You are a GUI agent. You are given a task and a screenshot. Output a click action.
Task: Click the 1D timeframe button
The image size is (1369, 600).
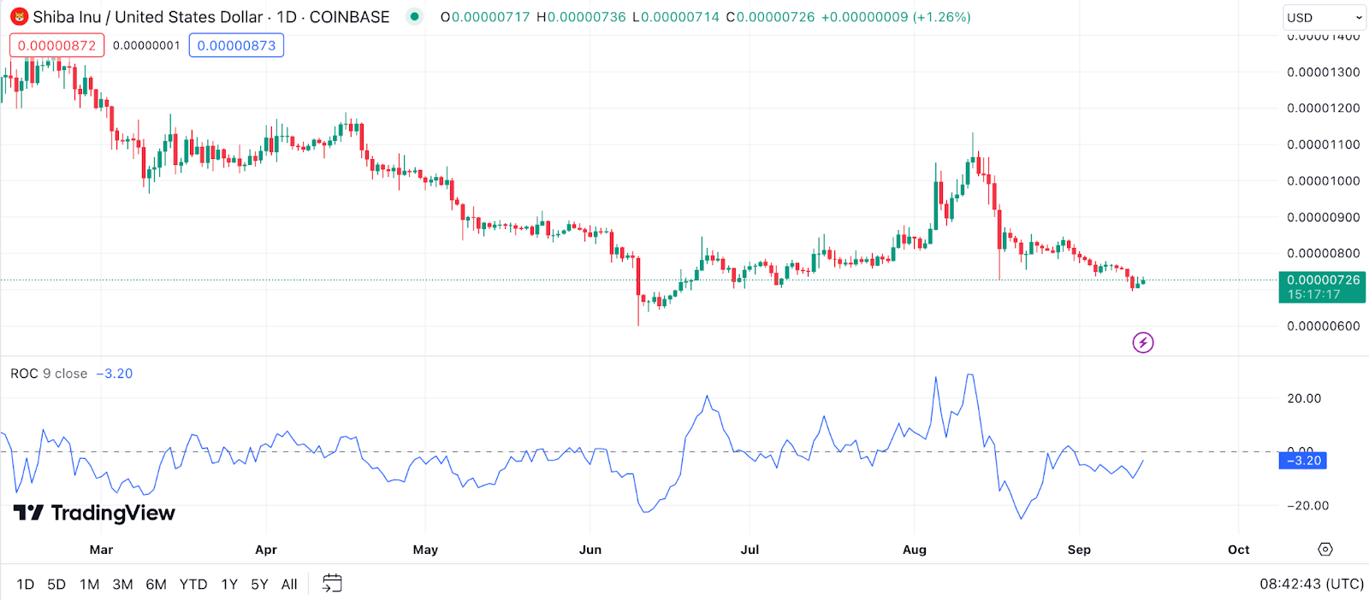pos(26,585)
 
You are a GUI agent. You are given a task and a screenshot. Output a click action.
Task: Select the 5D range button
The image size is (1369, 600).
pos(56,585)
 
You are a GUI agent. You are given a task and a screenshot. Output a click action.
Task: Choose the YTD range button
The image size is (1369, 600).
pos(193,585)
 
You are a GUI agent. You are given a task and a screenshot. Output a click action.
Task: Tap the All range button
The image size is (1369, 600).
pos(289,585)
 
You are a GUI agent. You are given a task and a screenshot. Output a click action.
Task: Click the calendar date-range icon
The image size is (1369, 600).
pos(332,584)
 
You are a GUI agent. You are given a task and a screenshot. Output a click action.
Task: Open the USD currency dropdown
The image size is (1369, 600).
pos(1324,17)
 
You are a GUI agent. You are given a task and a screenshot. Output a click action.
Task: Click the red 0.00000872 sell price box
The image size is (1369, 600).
pos(57,45)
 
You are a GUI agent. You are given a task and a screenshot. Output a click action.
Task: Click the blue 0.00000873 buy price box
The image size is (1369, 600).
pos(236,45)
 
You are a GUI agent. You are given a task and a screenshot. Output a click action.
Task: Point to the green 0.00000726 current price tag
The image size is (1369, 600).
pos(1322,286)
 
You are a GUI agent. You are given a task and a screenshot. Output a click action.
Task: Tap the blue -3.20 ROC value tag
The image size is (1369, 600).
pos(1302,461)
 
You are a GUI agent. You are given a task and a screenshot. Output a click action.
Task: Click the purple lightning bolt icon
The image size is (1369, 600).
pos(1143,343)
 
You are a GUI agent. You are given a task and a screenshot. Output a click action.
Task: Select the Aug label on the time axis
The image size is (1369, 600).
pos(915,550)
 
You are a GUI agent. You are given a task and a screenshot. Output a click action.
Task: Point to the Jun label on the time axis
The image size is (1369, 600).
pos(590,550)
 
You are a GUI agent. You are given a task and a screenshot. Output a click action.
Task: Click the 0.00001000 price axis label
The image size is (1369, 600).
pos(1323,181)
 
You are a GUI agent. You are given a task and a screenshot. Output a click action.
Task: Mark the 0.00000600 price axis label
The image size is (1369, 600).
pos(1323,326)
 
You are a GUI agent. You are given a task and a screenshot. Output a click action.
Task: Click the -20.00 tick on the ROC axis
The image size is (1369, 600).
pos(1307,505)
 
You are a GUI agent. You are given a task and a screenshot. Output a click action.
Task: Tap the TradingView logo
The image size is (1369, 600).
pos(94,513)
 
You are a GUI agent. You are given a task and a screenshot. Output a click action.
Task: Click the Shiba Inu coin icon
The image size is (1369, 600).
pos(19,17)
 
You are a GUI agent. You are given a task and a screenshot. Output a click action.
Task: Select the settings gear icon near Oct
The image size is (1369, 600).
pos(1325,550)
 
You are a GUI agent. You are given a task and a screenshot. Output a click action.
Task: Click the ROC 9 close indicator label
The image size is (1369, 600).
pos(49,374)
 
